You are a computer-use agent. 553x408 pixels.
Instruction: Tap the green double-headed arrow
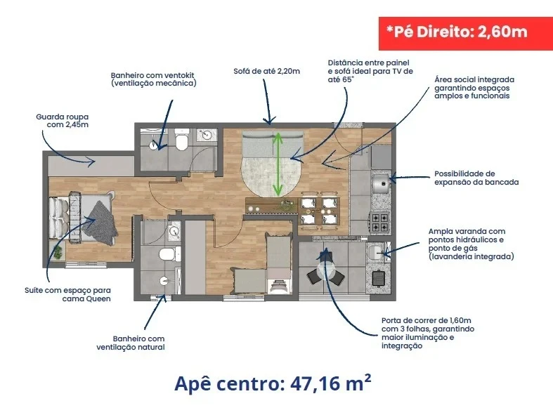[278, 164]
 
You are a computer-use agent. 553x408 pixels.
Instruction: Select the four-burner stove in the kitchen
[380, 222]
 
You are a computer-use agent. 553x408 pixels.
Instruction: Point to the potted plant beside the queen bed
[57, 253]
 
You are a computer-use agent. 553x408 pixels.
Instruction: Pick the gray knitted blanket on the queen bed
[102, 223]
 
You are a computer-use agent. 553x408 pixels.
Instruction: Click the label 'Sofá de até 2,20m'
[266, 71]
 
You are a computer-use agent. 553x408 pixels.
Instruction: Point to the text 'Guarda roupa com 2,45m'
[63, 121]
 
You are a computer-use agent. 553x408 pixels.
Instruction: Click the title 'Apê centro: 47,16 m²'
[273, 383]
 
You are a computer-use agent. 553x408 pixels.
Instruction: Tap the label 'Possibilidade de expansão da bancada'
[476, 178]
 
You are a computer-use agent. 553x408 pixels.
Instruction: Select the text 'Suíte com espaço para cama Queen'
[67, 294]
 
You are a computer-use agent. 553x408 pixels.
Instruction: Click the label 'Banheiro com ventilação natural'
[131, 343]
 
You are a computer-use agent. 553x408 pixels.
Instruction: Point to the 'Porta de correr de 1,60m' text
[426, 321]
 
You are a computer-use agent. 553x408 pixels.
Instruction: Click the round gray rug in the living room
[271, 176]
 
